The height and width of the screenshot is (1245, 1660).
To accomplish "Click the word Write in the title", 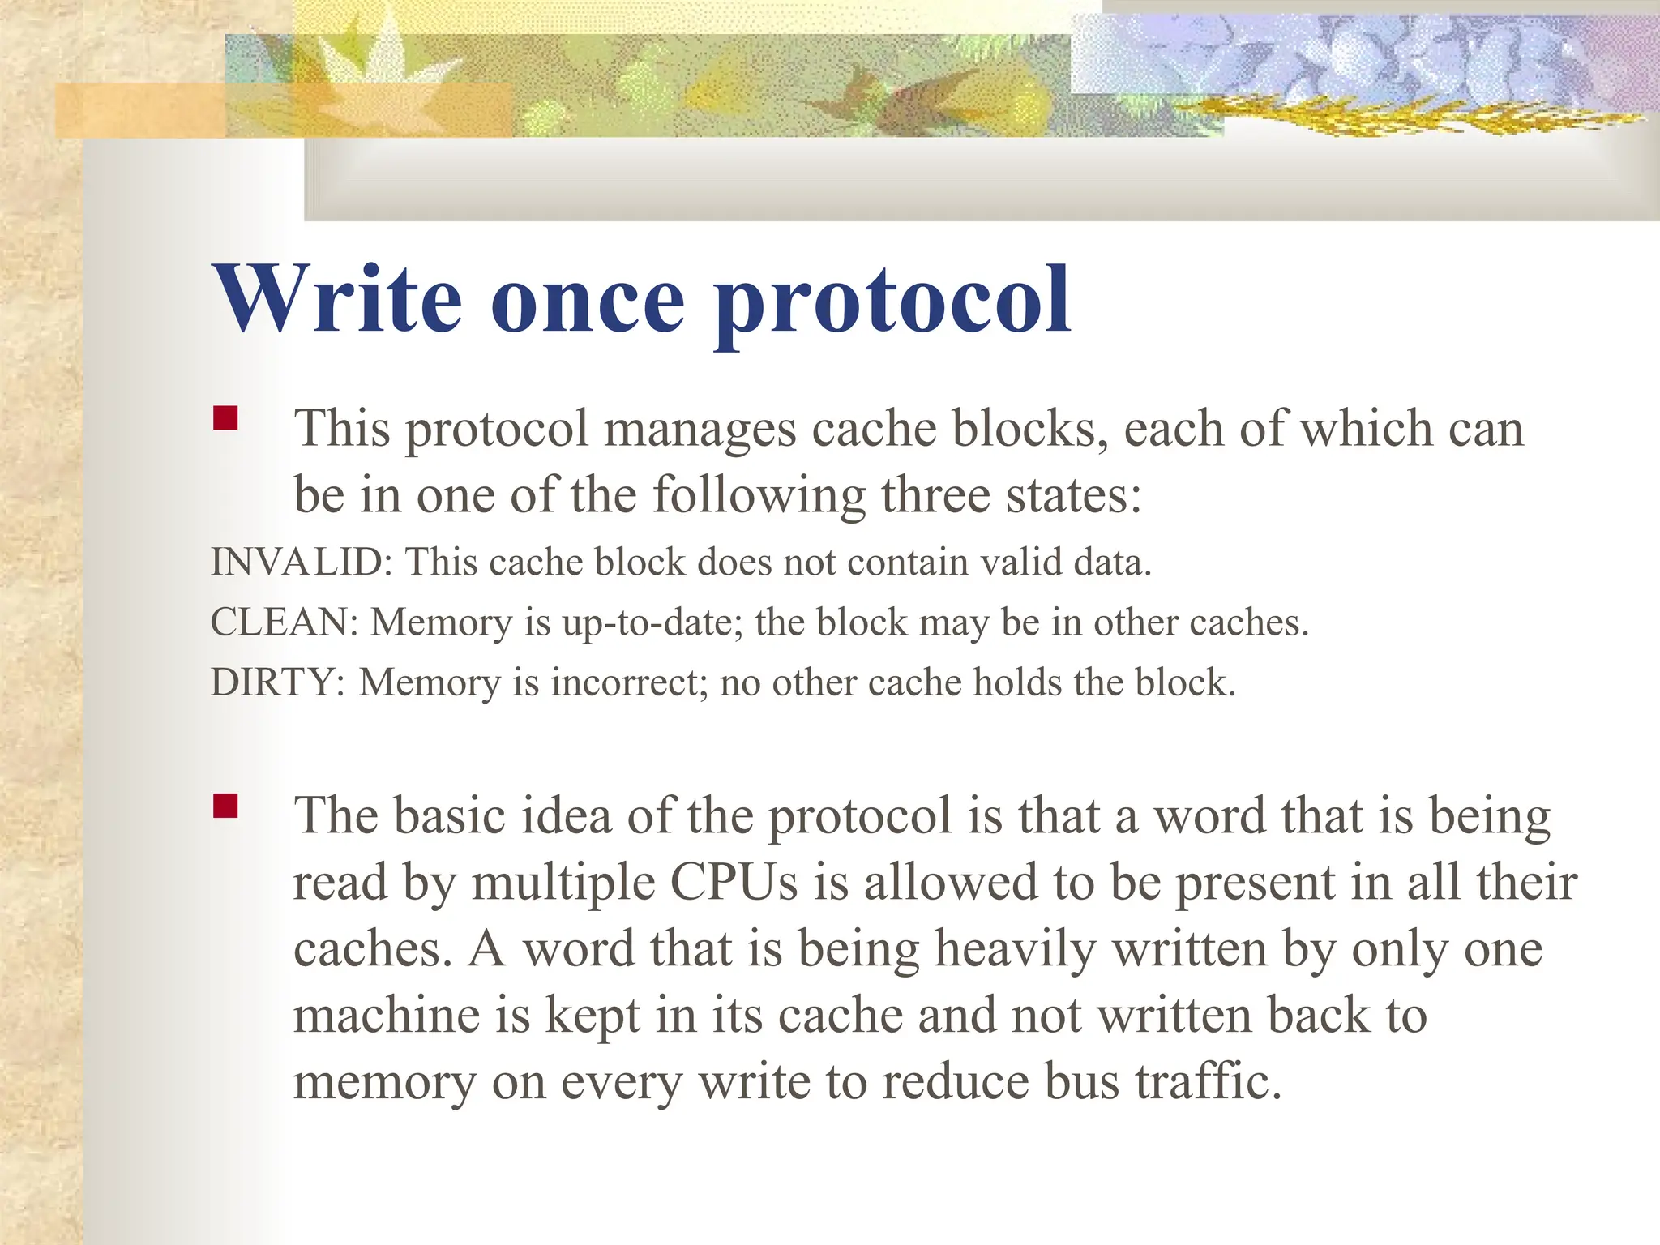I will click(x=337, y=299).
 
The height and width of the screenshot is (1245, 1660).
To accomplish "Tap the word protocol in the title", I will click(x=892, y=304).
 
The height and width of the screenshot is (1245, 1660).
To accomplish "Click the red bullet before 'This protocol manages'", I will click(x=225, y=418).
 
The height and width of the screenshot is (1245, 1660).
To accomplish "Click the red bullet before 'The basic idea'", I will click(x=225, y=806).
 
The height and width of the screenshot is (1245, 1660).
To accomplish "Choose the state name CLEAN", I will click(x=279, y=622).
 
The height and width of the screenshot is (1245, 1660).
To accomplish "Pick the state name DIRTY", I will click(x=272, y=682).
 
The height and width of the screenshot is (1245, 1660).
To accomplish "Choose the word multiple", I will click(x=563, y=883).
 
